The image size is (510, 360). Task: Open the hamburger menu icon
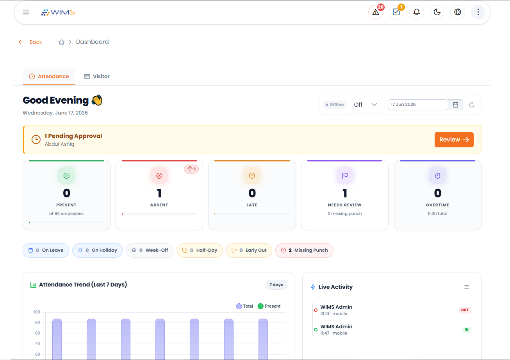(26, 12)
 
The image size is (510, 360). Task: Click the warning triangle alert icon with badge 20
(376, 12)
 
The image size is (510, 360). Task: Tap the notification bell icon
(417, 12)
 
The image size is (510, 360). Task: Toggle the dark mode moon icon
(437, 12)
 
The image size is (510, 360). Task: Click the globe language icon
(458, 12)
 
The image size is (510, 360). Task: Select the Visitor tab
(97, 76)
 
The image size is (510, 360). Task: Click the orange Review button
(454, 140)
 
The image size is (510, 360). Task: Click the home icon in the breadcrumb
(61, 42)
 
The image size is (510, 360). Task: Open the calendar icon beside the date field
(455, 105)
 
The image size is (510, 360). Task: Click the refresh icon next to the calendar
(472, 105)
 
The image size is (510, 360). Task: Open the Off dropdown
(365, 105)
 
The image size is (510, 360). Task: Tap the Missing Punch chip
(305, 250)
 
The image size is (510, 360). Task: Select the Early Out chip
(249, 250)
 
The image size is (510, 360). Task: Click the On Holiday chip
(98, 250)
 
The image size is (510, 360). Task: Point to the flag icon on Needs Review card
(345, 176)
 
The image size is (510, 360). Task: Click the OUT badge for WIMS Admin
(465, 310)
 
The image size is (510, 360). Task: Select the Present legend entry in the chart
(269, 306)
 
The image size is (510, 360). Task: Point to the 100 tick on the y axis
(36, 312)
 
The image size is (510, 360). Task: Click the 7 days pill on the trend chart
(276, 285)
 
